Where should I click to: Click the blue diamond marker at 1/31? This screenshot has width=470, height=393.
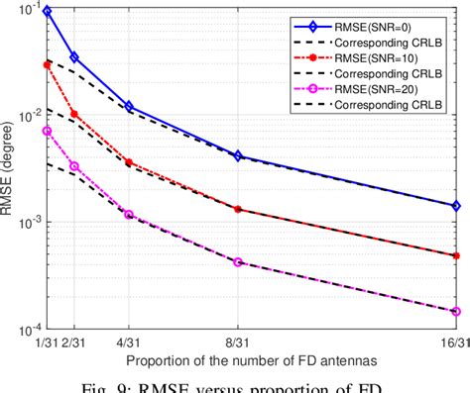48,11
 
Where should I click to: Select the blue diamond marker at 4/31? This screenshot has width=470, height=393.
129,106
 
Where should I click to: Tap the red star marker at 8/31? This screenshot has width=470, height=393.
237,210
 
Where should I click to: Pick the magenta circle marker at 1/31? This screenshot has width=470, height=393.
48,131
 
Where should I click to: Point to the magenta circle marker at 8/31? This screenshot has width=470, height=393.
237,262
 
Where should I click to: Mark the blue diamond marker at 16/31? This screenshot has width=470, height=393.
455,206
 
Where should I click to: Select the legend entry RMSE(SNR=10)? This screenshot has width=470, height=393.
398,58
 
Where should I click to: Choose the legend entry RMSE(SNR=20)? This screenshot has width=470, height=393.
398,92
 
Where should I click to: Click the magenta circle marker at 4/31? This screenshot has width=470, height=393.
129,215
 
